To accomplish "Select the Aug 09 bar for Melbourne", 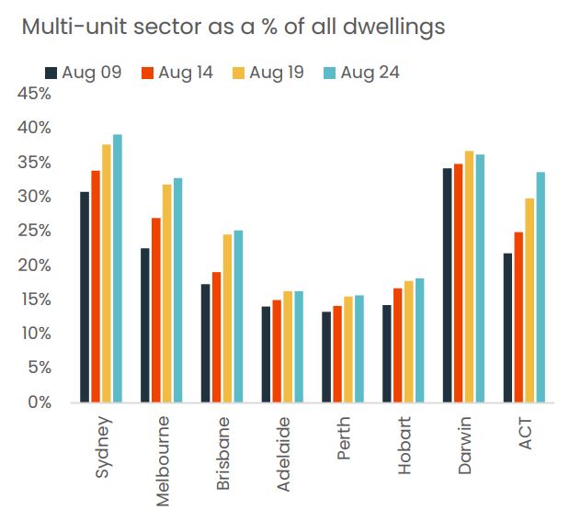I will coord(145,325).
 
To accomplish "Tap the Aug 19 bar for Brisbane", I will coord(228,318).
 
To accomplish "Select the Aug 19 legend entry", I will coord(268,73).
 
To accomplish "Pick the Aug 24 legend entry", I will coord(361,73).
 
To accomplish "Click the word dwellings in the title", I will coord(389,27).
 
